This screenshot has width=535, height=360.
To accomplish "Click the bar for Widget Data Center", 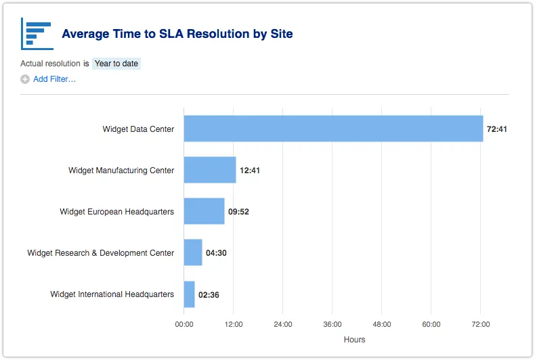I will coord(333,129).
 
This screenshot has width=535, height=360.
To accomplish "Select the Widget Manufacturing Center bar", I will coord(210,171).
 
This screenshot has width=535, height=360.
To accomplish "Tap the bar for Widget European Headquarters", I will coord(204,212).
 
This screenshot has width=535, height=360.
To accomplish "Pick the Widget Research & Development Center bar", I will coord(193,253).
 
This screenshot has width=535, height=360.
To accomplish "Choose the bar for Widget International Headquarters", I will coord(190,294).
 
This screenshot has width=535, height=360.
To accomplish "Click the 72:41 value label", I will coord(496,129).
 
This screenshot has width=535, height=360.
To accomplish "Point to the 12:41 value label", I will coord(250,171).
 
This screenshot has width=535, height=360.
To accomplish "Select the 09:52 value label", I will coord(238,212).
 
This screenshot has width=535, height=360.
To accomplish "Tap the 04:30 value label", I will coord(216,253).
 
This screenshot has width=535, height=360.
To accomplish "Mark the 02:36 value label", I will coord(209,295).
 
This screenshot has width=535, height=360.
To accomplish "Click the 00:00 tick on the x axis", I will coord(184,325).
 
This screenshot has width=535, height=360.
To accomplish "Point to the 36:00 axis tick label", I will coord(333,325).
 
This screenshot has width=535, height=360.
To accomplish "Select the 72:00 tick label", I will coord(480,325).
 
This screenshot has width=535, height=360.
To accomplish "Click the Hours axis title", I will coord(354,340).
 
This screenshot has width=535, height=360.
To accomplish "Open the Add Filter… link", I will coord(54,79).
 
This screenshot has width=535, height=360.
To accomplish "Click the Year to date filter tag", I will coord(116,64).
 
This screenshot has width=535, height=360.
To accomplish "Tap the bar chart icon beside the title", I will coord(37,33).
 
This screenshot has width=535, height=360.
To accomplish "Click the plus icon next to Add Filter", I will coord(25,79).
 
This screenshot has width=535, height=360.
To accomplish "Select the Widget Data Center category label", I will coord(138,129).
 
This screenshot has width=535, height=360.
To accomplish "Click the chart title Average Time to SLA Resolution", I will coord(177,34).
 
